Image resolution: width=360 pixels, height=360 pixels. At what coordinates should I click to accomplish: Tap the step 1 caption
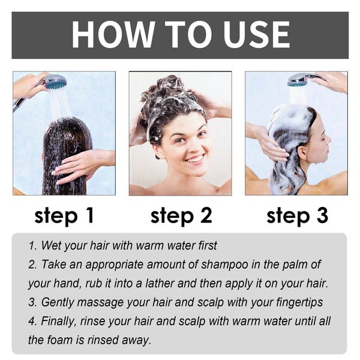[64, 215]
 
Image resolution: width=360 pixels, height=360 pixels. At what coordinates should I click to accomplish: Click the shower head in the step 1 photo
[55, 82]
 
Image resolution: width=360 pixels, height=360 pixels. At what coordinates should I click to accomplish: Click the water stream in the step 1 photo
[59, 105]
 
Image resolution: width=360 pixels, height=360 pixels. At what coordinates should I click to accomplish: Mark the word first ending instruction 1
[205, 245]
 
